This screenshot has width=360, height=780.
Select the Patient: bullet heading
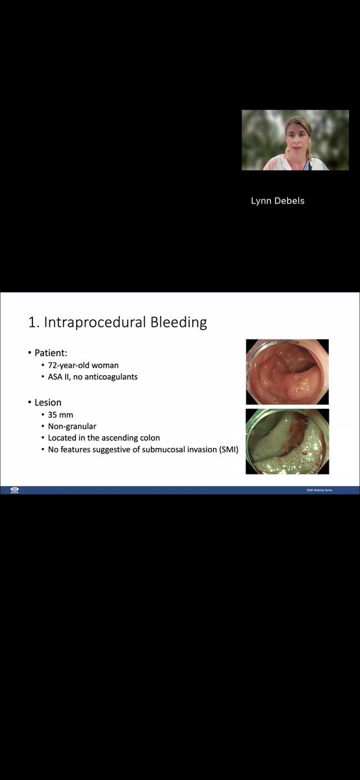point(51,352)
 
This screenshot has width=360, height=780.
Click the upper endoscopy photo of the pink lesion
point(287,371)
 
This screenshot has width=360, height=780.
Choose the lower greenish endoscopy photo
point(287,441)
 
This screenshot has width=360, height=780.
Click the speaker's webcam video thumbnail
point(295,140)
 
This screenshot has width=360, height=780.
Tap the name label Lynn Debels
point(277,200)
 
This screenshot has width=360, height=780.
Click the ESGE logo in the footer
point(14,490)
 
